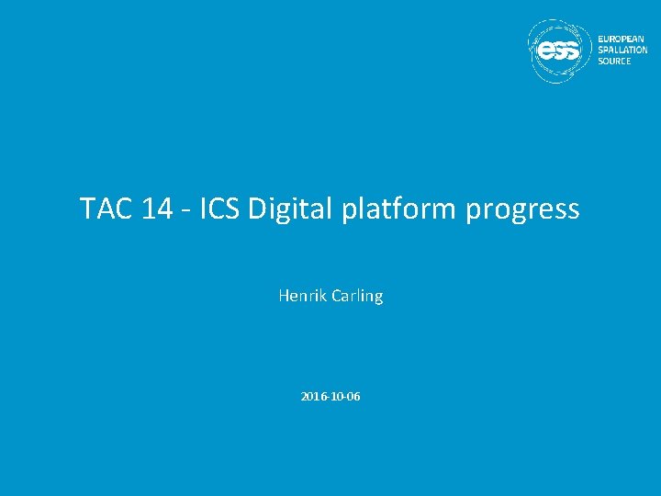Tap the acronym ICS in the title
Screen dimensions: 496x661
[x=218, y=209]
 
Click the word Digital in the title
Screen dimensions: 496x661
[x=289, y=209]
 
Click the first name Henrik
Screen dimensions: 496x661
[x=300, y=296]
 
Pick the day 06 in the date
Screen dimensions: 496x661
[x=353, y=397]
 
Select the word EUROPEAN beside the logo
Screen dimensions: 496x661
[x=622, y=39]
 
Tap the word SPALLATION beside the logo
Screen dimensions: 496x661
[x=623, y=51]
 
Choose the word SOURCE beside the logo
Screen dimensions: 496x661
[x=614, y=62]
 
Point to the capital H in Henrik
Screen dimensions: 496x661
[x=284, y=296]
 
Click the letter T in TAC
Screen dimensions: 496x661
[x=87, y=209]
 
